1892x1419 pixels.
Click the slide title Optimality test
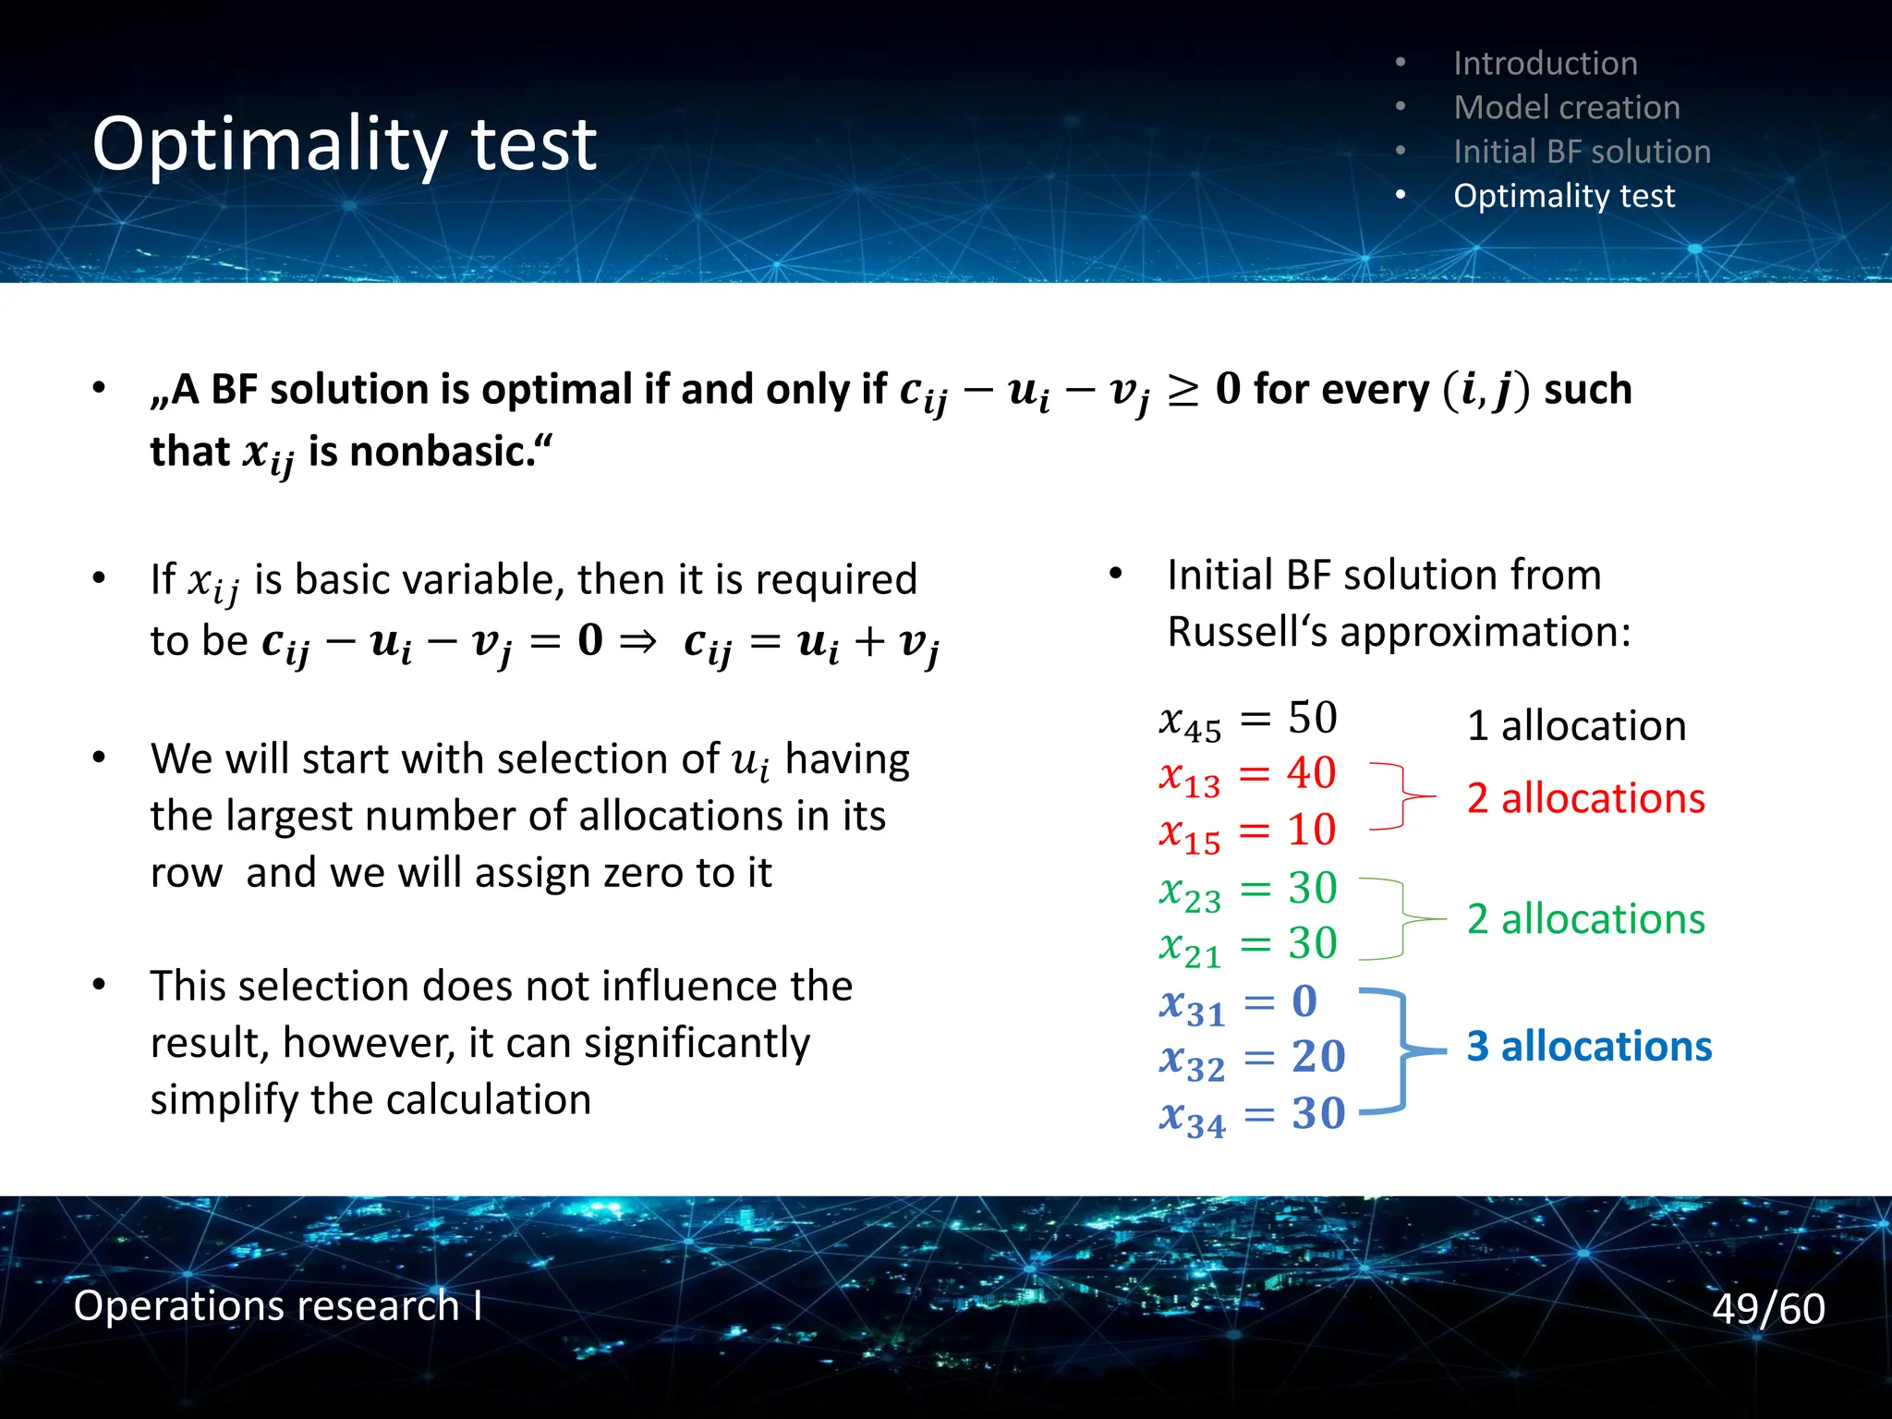point(344,144)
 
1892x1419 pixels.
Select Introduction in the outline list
point(1545,63)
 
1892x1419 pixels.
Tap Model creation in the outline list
point(1566,107)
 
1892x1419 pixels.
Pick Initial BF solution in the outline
point(1582,152)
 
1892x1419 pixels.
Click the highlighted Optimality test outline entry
point(1563,196)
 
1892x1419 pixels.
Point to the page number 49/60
point(1767,1308)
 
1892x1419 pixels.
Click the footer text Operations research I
point(277,1305)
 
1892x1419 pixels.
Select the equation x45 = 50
point(1247,720)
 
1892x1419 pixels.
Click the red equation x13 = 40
point(1247,775)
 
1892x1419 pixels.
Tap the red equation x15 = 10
point(1247,831)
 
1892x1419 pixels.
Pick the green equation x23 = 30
point(1247,890)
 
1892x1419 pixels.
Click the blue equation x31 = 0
point(1238,1003)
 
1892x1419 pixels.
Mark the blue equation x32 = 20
point(1251,1059)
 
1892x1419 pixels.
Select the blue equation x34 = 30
point(1251,1115)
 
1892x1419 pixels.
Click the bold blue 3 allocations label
point(1589,1047)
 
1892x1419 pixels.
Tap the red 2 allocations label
point(1585,798)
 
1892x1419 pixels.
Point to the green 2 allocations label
point(1585,919)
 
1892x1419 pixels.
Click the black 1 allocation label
point(1576,726)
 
